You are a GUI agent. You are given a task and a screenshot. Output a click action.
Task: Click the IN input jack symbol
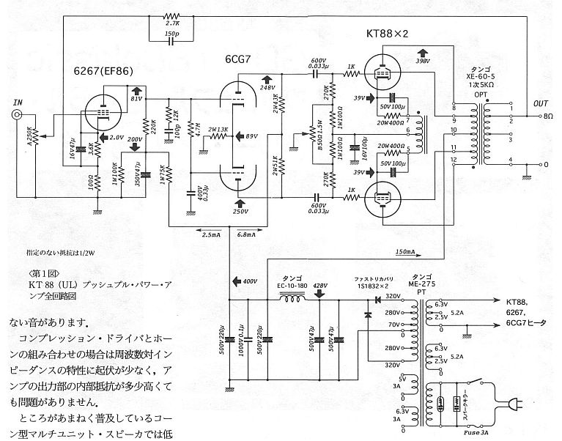pos(16,116)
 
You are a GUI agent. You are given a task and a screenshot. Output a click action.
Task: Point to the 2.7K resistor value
pos(171,26)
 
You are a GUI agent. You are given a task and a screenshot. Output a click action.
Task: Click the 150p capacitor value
pos(171,34)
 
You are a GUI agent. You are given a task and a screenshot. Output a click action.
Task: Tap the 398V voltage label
pos(423,62)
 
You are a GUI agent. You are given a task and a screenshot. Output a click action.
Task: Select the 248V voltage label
pos(267,87)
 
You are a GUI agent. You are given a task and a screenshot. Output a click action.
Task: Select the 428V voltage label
pos(320,286)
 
